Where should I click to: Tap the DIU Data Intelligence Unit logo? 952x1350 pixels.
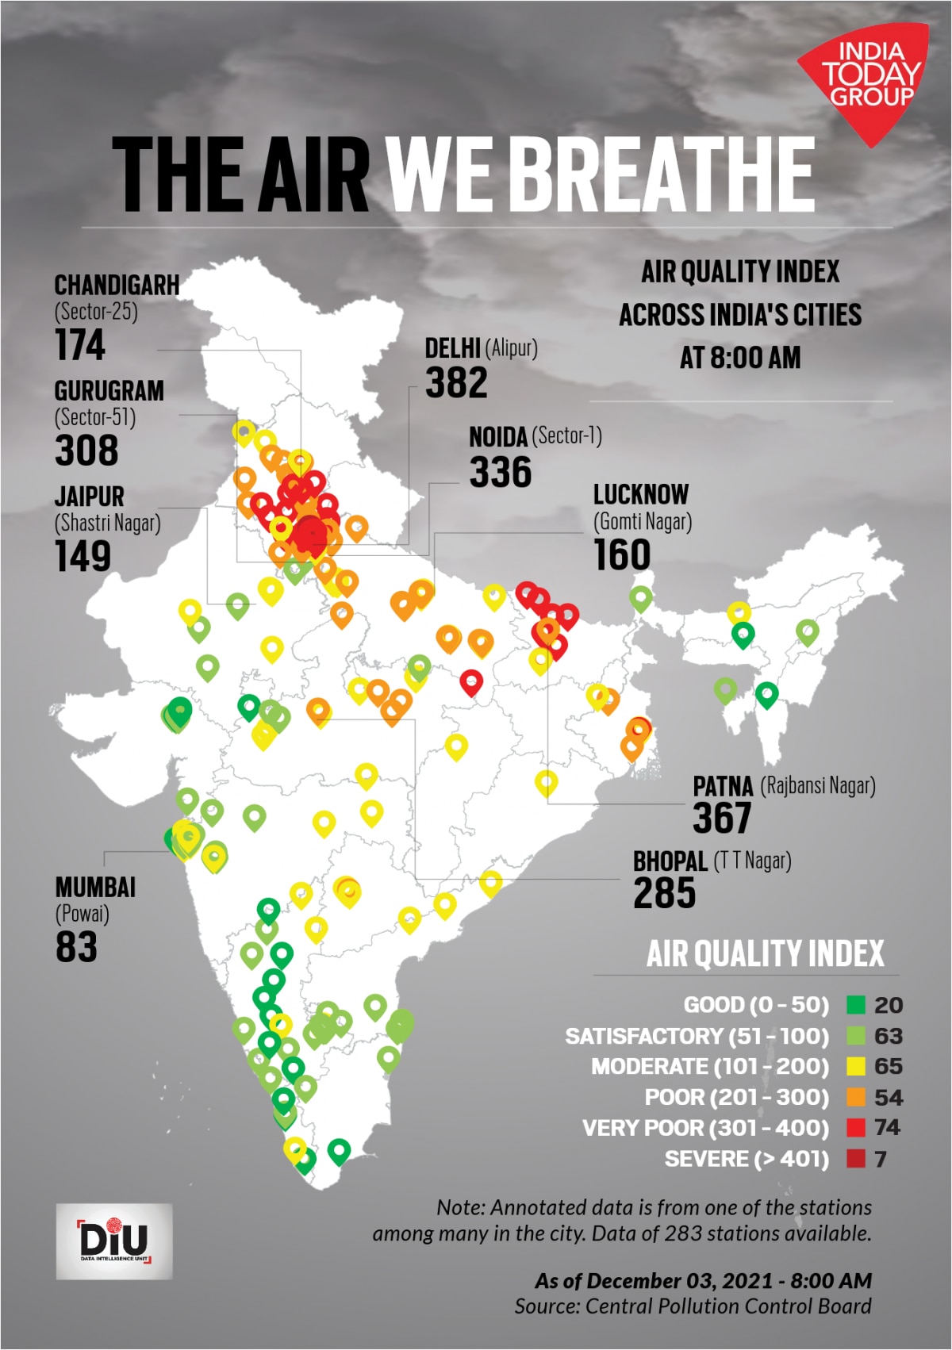(x=114, y=1241)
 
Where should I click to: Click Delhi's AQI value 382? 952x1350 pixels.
(x=456, y=383)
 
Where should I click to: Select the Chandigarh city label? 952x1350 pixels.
(x=117, y=286)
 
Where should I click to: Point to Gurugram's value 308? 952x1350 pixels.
(x=86, y=451)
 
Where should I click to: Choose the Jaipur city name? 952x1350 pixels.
(x=90, y=497)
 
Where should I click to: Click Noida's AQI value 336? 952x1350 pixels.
(x=500, y=473)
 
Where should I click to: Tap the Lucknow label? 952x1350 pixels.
(x=641, y=495)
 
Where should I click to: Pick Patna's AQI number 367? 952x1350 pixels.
(x=721, y=818)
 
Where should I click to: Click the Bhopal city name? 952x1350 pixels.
(x=670, y=861)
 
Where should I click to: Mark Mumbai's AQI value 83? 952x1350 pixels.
(x=76, y=946)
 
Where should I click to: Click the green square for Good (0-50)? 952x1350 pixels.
(x=855, y=1005)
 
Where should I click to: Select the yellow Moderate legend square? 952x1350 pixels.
(x=855, y=1067)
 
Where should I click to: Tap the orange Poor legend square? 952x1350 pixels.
(x=855, y=1098)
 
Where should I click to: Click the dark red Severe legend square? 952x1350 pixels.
(x=855, y=1159)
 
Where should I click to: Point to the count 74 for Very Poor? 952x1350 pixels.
(x=888, y=1128)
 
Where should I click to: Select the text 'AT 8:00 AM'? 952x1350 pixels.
(x=739, y=358)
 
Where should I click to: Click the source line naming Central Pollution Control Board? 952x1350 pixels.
(x=693, y=1306)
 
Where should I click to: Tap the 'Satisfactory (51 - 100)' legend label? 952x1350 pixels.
(x=697, y=1037)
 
